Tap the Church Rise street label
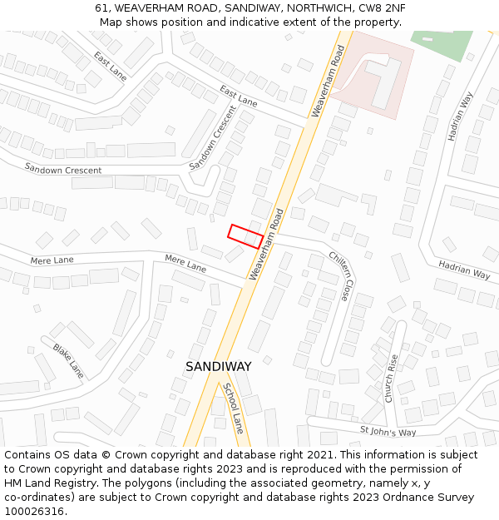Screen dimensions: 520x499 391,379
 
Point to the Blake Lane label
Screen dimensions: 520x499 68,359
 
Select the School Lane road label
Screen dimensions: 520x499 233,408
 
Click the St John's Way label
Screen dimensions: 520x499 388,432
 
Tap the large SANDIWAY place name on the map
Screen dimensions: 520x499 218,366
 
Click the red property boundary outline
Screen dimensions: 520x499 246,236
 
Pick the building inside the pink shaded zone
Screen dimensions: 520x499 384,81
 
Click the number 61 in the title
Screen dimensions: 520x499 101,7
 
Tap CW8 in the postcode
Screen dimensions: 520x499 367,7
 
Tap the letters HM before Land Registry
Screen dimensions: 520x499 14,483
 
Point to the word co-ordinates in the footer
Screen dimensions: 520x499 37,498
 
